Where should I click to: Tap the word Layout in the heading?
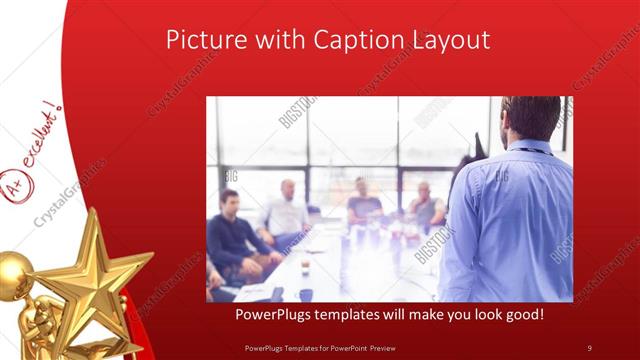point(446,40)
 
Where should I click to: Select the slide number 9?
point(590,347)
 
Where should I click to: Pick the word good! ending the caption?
point(522,315)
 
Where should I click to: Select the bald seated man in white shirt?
point(285,210)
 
